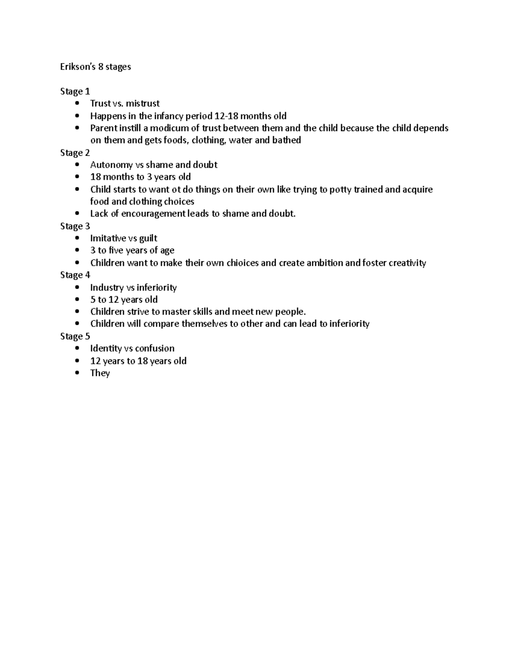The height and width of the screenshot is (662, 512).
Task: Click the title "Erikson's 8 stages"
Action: click(96, 67)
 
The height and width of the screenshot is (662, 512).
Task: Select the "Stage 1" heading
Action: click(75, 91)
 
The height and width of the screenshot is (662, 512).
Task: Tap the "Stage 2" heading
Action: click(75, 153)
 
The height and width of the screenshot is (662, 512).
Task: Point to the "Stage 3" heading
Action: click(75, 226)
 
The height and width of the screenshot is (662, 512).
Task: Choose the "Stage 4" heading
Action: click(75, 275)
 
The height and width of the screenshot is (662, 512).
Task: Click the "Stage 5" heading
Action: click(75, 336)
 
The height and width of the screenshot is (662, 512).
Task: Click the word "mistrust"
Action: click(143, 104)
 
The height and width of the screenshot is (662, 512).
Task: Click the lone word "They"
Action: click(100, 373)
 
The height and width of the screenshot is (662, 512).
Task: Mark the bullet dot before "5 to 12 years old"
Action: click(77, 300)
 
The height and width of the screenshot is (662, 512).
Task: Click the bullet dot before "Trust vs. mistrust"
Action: click(77, 104)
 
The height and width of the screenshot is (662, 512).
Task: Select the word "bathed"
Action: click(287, 140)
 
